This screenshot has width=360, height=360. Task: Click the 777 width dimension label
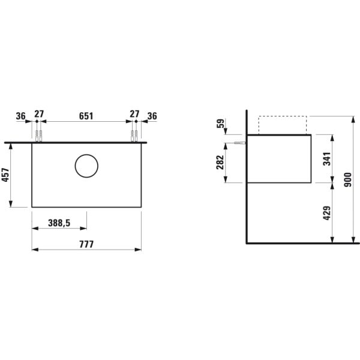pos(86,244)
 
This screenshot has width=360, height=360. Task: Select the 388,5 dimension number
pos(59,223)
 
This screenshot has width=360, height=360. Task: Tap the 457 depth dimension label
pos(5,175)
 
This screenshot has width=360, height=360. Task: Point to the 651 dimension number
pos(86,116)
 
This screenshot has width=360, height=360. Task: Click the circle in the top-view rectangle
pos(86,154)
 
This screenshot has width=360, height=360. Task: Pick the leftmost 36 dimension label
pos(20,116)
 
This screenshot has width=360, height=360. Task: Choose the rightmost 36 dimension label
pos(152,116)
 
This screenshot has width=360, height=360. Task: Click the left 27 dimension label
pos(39,114)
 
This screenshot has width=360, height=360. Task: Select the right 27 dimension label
pos(134,114)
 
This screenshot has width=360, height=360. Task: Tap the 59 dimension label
pos(221,124)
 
